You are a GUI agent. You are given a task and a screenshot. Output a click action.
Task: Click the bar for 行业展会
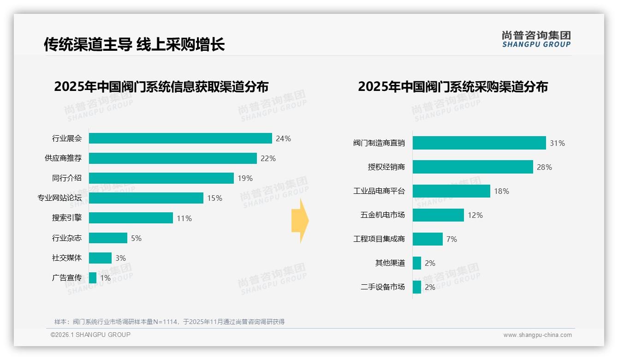click(x=180, y=138)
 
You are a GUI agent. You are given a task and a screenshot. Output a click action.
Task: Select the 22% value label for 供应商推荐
click(x=268, y=158)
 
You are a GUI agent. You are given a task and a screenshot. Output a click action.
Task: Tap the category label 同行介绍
click(x=67, y=178)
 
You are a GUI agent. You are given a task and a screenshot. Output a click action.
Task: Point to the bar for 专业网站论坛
click(x=146, y=198)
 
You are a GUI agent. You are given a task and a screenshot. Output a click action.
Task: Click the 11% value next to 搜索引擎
click(x=184, y=218)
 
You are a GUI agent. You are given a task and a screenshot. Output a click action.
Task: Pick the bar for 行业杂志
click(x=108, y=238)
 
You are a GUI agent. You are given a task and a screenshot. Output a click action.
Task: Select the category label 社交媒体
click(x=67, y=258)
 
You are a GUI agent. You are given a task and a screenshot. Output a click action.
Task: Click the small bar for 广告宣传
click(x=93, y=278)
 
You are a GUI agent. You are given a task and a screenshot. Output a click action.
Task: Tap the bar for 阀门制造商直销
click(x=479, y=143)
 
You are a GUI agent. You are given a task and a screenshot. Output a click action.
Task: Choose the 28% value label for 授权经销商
click(x=544, y=167)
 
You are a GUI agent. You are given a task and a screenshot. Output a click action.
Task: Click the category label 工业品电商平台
click(x=379, y=191)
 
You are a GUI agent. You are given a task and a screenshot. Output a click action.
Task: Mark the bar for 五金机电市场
click(x=438, y=215)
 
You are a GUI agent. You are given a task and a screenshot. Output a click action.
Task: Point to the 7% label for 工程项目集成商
click(x=452, y=239)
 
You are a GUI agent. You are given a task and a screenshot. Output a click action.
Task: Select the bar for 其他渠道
click(x=417, y=263)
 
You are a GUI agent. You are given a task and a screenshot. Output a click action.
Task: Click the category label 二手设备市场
click(x=383, y=287)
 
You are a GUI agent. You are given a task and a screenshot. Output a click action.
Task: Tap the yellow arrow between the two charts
click(x=300, y=221)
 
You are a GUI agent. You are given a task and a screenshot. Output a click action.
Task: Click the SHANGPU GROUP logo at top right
click(x=536, y=39)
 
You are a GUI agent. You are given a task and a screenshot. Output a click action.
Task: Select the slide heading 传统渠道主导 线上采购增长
click(x=134, y=44)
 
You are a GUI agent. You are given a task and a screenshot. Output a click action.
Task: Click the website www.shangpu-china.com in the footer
click(x=537, y=335)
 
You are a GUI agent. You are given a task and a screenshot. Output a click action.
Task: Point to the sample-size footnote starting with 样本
click(x=169, y=322)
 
